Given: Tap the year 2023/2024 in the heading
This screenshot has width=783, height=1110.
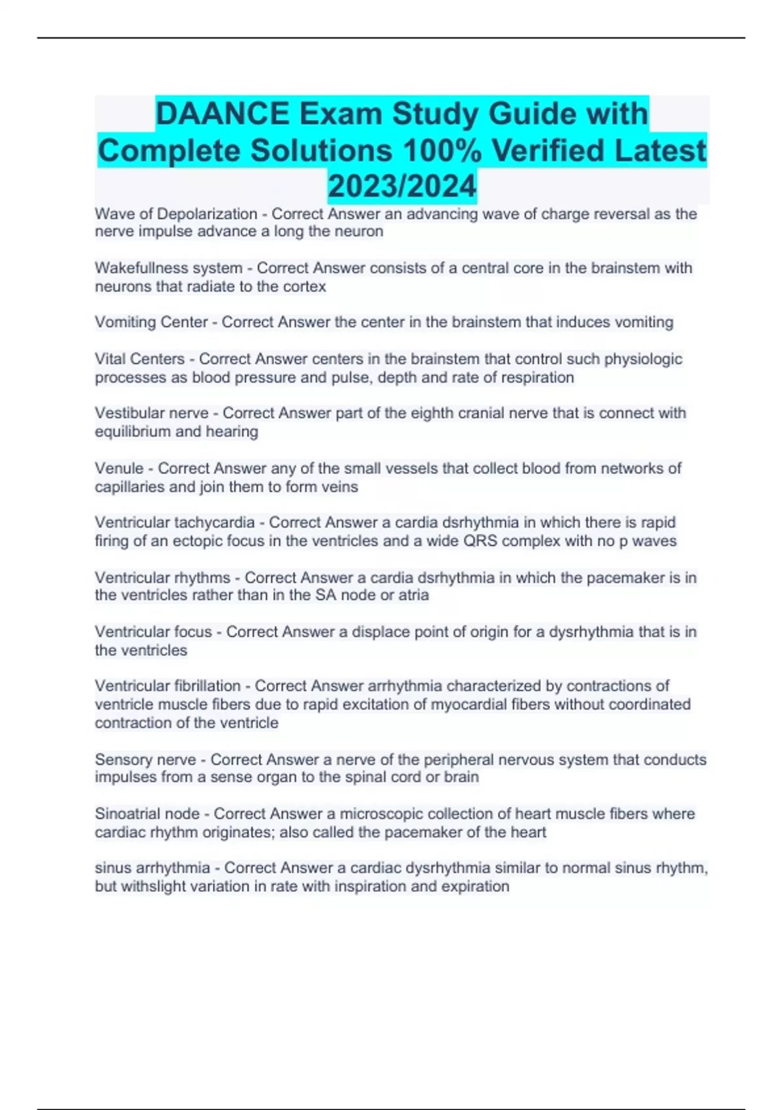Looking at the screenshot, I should point(402,186).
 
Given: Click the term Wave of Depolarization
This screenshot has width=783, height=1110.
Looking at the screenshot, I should point(176,214).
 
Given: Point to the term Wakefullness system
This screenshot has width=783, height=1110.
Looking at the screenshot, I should point(168,268).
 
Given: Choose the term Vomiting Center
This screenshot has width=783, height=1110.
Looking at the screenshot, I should point(151,323).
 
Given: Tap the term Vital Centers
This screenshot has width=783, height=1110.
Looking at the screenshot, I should point(140,359).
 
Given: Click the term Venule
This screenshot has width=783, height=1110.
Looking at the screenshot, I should point(119,468).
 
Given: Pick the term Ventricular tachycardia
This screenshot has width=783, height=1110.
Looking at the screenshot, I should point(174,522).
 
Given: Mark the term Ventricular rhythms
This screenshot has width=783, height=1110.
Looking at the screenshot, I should point(162,578).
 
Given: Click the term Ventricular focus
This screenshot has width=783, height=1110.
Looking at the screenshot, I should point(153,632).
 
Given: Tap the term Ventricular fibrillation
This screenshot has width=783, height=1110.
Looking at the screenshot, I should point(168,686).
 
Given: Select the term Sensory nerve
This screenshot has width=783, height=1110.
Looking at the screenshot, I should point(146,760).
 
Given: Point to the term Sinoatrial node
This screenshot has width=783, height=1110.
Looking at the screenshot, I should point(147,814).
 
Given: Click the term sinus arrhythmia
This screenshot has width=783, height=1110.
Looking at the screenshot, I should point(152,868).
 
